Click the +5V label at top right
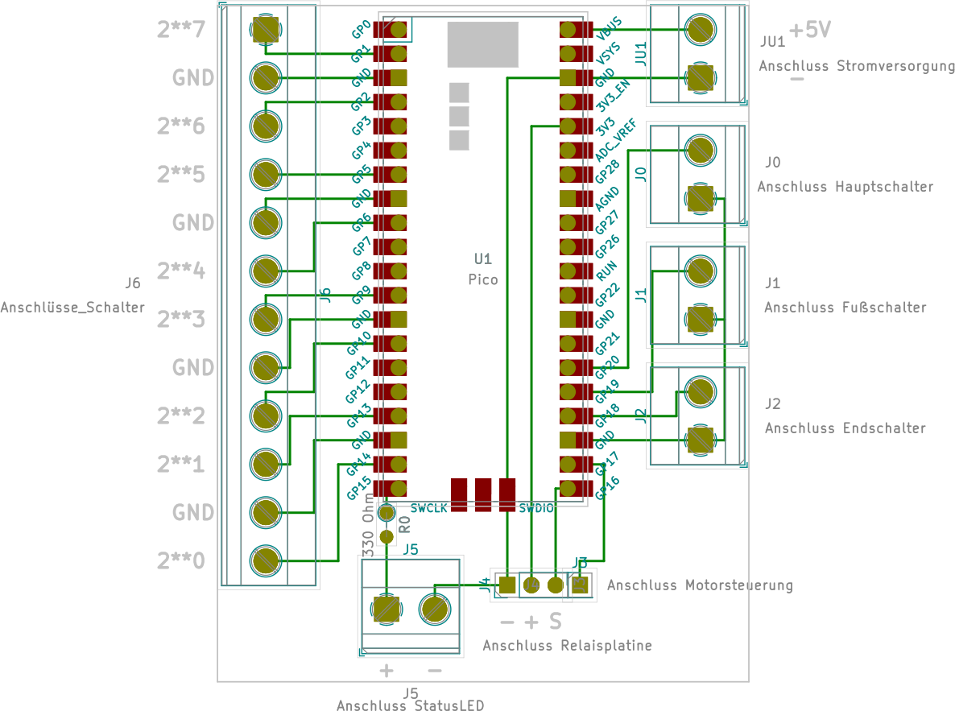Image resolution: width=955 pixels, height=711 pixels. [809, 31]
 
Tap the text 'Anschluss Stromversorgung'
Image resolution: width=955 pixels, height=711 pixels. [856, 66]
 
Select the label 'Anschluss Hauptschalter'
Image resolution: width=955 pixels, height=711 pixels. [845, 187]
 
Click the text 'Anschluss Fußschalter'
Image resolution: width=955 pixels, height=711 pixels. [845, 308]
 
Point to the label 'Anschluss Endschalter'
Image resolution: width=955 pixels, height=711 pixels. [845, 428]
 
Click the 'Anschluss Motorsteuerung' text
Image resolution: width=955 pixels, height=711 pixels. [699, 585]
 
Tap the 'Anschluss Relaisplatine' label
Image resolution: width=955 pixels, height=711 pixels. [567, 646]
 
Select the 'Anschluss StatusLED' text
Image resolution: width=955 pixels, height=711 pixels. [410, 705]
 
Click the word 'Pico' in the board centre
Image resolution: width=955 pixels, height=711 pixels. [482, 280]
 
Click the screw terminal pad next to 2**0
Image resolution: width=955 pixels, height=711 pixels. [266, 560]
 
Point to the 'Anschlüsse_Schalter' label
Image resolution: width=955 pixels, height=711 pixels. [72, 308]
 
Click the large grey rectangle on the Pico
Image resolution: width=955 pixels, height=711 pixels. [482, 44]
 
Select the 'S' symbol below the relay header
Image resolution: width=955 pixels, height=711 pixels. [555, 622]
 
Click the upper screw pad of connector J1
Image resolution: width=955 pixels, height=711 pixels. [700, 271]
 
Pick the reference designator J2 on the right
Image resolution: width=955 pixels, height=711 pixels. [772, 403]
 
